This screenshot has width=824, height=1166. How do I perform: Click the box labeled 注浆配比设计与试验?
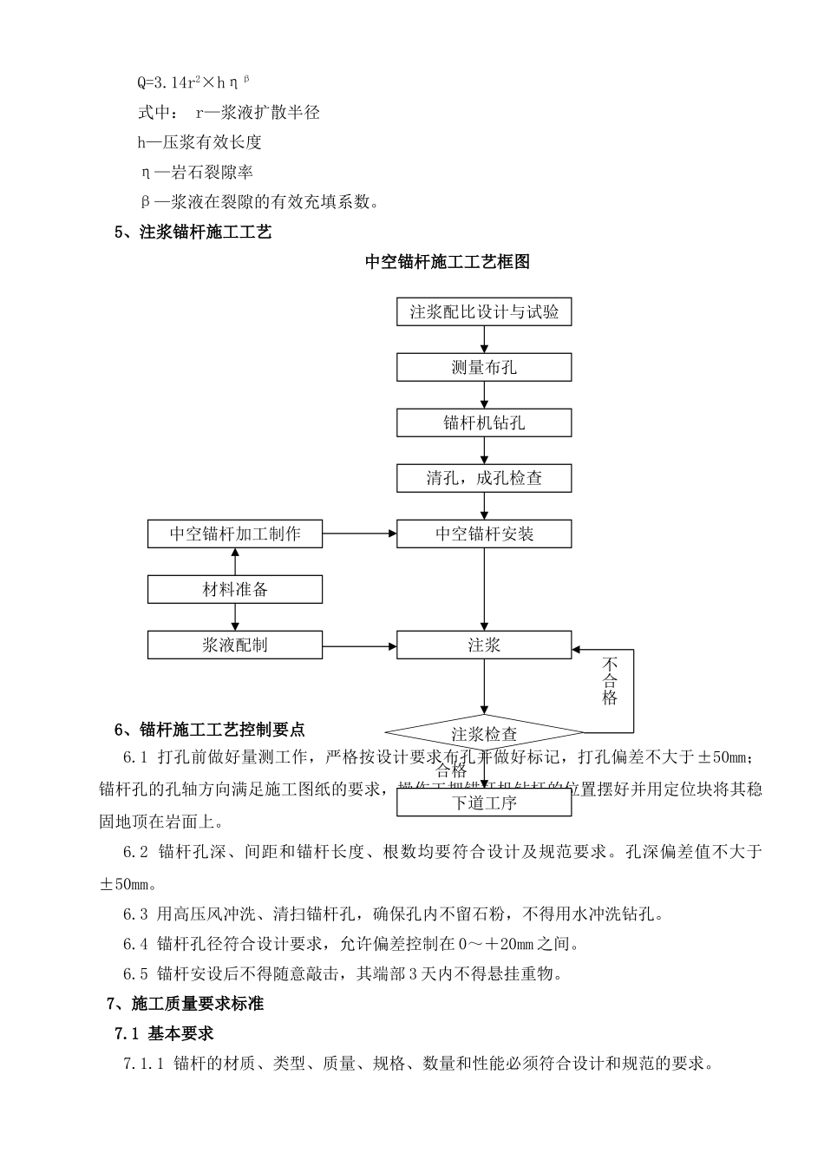coord(484,312)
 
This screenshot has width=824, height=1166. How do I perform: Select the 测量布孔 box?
coord(484,368)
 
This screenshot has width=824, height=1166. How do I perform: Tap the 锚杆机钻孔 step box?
coord(484,423)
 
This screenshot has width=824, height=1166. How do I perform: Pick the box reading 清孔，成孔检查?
coord(484,478)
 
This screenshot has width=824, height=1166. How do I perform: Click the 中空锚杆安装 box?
coord(484,534)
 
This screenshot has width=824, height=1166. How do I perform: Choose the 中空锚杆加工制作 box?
coord(235,534)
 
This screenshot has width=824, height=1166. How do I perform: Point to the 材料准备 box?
coord(235,590)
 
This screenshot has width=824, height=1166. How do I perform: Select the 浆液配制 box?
coord(235,645)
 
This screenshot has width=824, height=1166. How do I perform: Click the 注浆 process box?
coord(484,645)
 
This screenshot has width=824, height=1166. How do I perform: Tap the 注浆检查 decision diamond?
coord(484,733)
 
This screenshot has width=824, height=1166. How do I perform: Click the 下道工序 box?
coord(484,802)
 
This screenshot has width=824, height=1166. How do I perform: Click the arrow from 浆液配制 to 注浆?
coord(359,645)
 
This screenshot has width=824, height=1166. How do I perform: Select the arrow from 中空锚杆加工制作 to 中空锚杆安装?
coord(359,534)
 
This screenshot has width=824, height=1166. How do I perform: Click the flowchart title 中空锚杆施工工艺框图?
coord(448,262)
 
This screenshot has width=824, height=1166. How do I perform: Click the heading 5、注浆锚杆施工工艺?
coord(193,233)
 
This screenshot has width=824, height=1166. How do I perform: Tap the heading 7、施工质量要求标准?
coord(185,1004)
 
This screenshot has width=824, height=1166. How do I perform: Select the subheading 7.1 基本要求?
coord(164,1033)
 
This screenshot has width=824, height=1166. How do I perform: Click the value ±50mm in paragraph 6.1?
coord(726,757)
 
